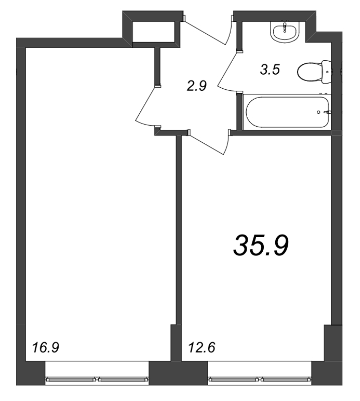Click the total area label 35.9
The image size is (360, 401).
[261, 246]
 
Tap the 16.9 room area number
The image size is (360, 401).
[46, 347]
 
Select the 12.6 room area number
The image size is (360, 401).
[202, 347]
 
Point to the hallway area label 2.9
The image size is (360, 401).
[197, 86]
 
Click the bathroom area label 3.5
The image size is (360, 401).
[270, 70]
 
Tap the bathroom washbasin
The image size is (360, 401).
[284, 32]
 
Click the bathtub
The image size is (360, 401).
[287, 112]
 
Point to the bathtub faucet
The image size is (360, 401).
[327, 112]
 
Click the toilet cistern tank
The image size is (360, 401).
[326, 72]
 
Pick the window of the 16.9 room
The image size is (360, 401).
[97, 379]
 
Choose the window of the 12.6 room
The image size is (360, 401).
[260, 379]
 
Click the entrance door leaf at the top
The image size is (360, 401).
[204, 33]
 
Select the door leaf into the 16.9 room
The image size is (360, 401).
[145, 104]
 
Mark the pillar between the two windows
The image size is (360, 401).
[178, 373]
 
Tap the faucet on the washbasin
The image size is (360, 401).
[284, 27]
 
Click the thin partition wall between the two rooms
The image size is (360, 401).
[178, 230]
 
